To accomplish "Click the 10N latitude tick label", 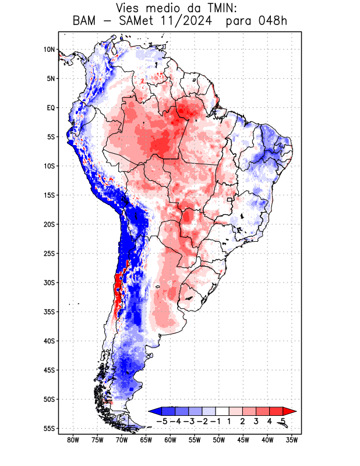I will [x=49, y=50].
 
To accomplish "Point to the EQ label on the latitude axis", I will [x=51, y=108].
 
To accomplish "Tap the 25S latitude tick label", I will [x=49, y=254].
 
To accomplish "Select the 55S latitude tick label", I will [x=49, y=429].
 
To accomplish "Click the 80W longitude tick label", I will [x=73, y=440].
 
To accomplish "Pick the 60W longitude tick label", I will [x=171, y=440].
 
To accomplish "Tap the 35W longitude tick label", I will [x=292, y=440].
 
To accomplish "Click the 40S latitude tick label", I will [x=49, y=341].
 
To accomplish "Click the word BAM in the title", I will [x=84, y=22].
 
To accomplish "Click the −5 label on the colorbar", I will [x=162, y=421].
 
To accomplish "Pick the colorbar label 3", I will [x=256, y=421].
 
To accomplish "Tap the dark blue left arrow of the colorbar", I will [x=154, y=411].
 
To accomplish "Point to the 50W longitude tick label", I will [x=219, y=440].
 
